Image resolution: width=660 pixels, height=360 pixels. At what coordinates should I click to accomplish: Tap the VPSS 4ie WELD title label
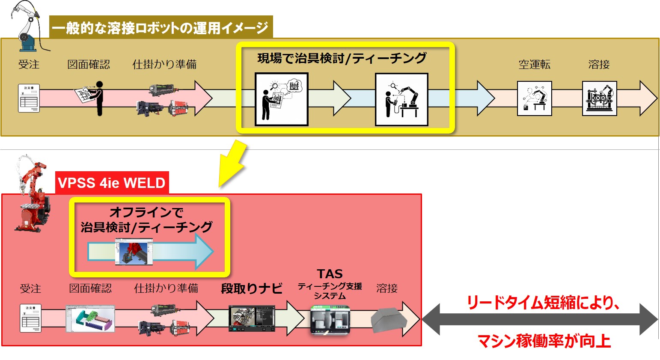pos(112,183)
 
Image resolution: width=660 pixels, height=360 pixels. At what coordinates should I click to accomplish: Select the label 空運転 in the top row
pos(534,65)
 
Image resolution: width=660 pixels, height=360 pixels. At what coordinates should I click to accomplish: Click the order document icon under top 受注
pos(29,98)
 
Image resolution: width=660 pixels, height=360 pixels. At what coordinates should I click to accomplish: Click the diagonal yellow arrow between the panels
pos(232,164)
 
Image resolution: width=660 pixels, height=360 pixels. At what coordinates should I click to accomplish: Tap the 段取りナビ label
pos(252,289)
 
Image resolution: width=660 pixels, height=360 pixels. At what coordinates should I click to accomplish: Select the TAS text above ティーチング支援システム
pos(330,274)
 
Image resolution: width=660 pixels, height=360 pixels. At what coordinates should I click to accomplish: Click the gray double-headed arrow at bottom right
pos(540,319)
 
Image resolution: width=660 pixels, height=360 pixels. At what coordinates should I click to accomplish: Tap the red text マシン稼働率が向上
pos(544,341)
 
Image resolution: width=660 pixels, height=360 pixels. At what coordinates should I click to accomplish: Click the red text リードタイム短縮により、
pos(543,303)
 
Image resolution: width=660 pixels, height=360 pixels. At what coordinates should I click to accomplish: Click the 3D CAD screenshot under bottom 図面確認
pos(90,318)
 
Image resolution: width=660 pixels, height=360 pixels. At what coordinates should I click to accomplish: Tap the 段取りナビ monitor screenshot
pos(252,318)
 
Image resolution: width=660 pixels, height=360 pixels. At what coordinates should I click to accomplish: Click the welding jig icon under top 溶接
pos(599,98)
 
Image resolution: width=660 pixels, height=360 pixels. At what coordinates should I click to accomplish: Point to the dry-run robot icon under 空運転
pos(534,98)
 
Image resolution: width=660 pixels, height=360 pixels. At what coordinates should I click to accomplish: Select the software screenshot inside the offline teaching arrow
pos(134,253)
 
